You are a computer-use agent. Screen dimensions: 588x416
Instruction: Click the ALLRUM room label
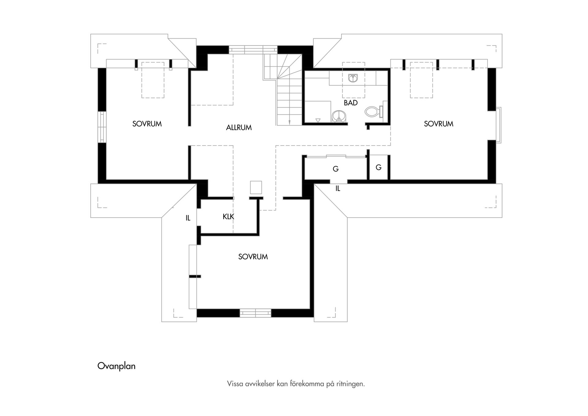point(239,128)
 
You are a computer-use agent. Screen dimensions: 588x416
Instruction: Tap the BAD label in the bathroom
point(351,103)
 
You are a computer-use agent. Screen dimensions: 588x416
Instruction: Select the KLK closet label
point(228,217)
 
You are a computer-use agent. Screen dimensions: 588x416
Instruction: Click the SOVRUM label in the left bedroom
point(147,124)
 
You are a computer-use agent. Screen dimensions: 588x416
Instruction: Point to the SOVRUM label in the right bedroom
point(439,124)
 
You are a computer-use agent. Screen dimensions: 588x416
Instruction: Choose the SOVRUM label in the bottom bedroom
point(253,257)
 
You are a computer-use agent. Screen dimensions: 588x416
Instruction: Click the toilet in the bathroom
point(374,112)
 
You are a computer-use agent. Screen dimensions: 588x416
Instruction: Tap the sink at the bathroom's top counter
point(353,78)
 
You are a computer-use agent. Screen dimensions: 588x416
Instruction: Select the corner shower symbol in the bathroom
point(339,116)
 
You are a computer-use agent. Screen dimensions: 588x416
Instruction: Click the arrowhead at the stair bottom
point(289,122)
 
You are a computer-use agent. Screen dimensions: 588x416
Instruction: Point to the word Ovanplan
point(116,366)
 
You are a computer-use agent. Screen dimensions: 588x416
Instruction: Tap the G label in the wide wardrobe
point(336,169)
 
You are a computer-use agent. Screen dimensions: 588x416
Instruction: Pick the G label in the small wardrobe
point(379,167)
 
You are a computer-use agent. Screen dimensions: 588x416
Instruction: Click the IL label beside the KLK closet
point(188,218)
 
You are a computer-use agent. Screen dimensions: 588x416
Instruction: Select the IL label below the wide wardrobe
point(338,189)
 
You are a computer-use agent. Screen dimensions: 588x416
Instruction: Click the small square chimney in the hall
point(256,187)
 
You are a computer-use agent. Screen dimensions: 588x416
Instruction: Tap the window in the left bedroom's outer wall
point(102,127)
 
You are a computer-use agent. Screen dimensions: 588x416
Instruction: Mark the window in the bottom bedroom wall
point(255,313)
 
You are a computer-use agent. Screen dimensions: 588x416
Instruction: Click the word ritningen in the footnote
point(352,384)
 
